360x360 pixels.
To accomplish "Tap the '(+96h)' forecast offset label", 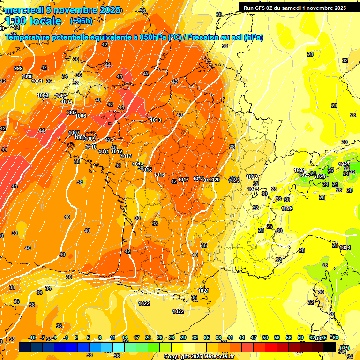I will [x=81, y=21].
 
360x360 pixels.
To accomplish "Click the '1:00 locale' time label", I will [x=33, y=21].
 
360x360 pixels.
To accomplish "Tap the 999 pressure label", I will [x=18, y=68].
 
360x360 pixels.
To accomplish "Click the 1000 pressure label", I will [x=27, y=76].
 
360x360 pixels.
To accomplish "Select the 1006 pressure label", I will [x=81, y=116].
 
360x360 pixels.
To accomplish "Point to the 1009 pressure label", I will [x=90, y=139].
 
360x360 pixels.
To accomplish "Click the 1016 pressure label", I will [x=159, y=175].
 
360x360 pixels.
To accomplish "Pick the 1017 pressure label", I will [x=183, y=180].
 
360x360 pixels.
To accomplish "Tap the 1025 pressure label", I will [x=304, y=175].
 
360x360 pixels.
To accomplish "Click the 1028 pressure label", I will [x=320, y=176].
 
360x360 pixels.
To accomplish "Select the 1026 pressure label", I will [x=287, y=209].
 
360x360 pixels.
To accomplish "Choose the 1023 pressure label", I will [x=253, y=189].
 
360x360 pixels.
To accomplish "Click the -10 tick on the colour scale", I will [x=32, y=337].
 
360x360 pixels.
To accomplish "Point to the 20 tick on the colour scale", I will [x=148, y=337].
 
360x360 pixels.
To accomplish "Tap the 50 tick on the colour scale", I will [x=265, y=337].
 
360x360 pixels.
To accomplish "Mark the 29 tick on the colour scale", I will [x=183, y=337].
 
